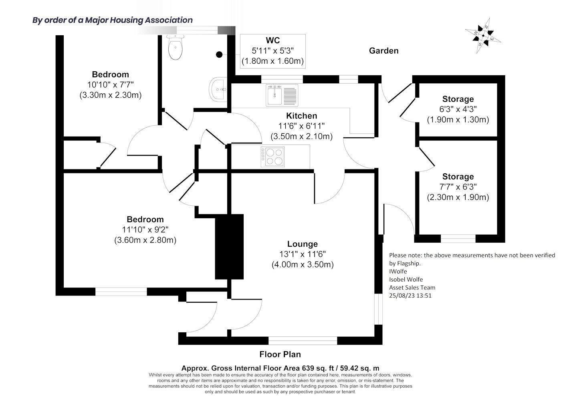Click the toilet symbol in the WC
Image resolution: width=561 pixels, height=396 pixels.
tap(176, 47)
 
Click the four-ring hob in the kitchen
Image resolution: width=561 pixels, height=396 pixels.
tap(273, 156)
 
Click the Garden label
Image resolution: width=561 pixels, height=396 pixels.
tap(383, 50)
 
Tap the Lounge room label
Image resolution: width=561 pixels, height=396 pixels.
tap(302, 244)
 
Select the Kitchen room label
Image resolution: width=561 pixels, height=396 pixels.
tap(301, 116)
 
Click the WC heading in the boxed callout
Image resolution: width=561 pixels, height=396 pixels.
tap(272, 40)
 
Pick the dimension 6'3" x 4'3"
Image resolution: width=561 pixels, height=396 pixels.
tap(458, 109)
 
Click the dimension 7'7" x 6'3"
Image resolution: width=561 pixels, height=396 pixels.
tap(458, 187)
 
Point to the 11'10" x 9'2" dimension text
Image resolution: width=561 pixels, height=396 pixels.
tap(145, 230)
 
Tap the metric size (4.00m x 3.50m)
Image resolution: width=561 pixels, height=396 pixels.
tap(302, 265)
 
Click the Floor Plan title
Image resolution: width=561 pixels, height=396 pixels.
tap(280, 354)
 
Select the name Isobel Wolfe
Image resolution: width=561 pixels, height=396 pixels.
tap(406, 279)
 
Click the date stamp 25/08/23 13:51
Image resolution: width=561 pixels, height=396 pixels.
tap(410, 295)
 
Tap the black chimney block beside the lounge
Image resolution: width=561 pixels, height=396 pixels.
tap(229, 246)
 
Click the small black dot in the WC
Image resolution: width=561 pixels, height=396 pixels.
tap(219, 54)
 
